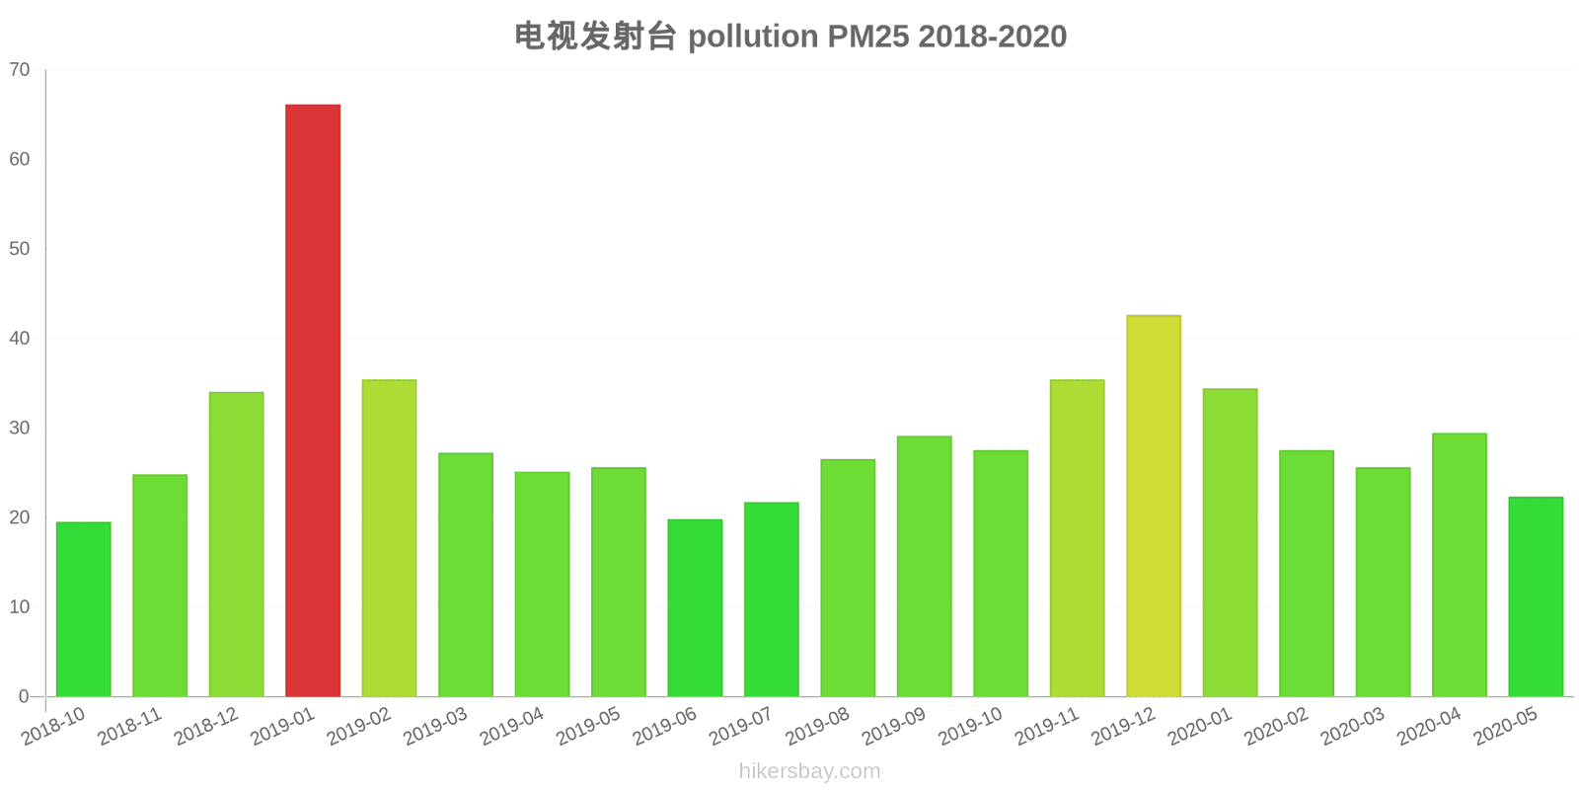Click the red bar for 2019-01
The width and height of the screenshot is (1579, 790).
click(x=313, y=400)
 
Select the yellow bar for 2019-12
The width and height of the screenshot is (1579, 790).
click(x=1154, y=506)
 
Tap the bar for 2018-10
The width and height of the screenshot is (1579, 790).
click(x=84, y=608)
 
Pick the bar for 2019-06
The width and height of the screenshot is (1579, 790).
click(x=695, y=607)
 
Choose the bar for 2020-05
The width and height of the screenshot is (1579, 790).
click(x=1536, y=596)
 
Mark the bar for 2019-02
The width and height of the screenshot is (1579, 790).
click(x=389, y=538)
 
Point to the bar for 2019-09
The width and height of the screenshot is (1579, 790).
click(x=924, y=566)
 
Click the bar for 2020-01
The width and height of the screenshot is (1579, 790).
click(x=1230, y=542)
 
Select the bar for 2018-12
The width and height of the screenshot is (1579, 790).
click(x=237, y=544)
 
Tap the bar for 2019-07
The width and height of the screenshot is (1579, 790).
click(x=772, y=599)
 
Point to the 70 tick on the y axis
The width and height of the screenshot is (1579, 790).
click(x=20, y=70)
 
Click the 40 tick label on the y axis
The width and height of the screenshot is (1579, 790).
click(x=20, y=339)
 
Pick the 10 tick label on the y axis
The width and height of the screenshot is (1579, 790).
click(x=20, y=607)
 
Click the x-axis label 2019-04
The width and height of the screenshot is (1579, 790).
click(x=511, y=728)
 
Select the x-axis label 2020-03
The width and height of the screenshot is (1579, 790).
click(x=1352, y=728)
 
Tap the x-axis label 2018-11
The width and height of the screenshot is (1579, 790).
click(x=129, y=728)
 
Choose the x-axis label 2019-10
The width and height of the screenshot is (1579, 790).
click(x=970, y=728)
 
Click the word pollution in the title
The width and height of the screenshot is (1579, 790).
click(x=753, y=37)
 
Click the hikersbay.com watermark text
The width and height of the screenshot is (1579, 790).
click(x=809, y=771)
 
